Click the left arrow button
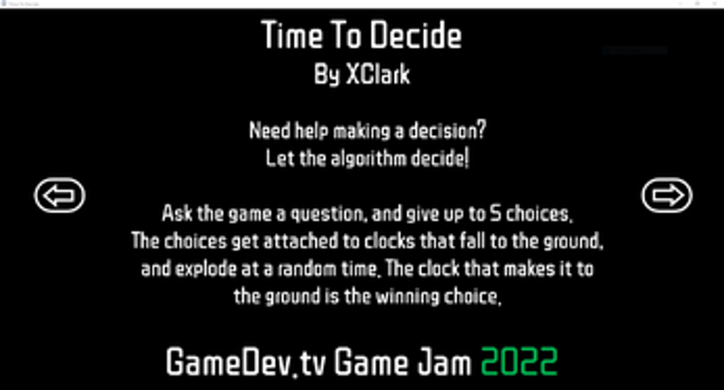[x=60, y=195]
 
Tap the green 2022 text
[x=518, y=363]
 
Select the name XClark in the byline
[x=377, y=75]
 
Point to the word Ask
[x=178, y=216]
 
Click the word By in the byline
[x=327, y=75]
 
